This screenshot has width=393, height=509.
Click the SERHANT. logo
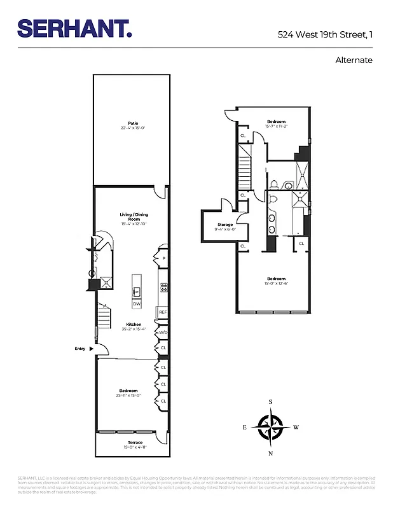point(74,28)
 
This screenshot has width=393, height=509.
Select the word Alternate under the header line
point(354,60)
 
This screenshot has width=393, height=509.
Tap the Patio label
point(132,123)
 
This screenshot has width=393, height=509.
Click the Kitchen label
point(134,324)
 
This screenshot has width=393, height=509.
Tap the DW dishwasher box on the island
point(137,304)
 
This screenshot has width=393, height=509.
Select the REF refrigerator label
point(163,312)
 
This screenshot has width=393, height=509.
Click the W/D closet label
point(163,332)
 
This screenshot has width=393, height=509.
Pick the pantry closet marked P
point(163,258)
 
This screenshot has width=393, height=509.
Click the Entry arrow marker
point(91,349)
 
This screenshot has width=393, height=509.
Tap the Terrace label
point(134,442)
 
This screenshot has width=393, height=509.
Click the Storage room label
point(225,225)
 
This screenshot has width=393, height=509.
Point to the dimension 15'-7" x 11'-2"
point(276,126)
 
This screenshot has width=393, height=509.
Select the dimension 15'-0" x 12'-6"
point(276,284)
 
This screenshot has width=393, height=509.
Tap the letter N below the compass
point(271,453)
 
